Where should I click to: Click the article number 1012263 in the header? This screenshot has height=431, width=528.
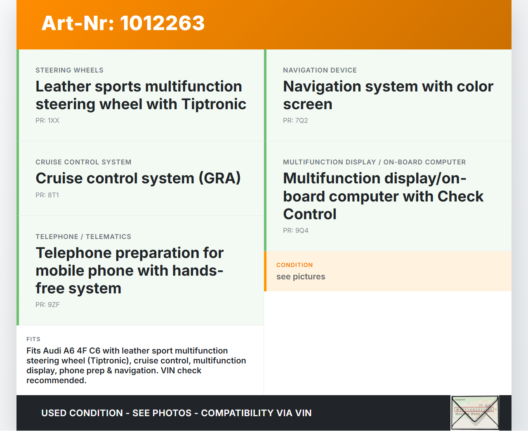pos(163,23)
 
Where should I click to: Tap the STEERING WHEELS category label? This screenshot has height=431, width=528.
pos(69,70)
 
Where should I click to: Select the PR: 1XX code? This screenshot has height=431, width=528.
pos(47,121)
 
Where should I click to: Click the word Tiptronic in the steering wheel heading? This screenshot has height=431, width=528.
pos(214,104)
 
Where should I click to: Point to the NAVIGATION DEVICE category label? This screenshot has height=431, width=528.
pos(320,70)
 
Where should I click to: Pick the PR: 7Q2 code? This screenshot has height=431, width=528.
pos(295,121)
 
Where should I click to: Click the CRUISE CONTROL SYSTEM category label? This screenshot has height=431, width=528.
pos(83,162)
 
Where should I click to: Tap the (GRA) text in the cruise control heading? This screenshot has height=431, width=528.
pos(219,178)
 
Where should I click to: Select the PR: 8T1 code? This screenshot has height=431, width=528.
pos(47,195)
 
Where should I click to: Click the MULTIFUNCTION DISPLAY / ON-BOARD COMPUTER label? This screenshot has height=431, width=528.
pos(374,162)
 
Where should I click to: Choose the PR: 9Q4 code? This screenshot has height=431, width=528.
pos(296,230)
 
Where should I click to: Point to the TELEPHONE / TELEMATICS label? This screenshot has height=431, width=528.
pos(83,237)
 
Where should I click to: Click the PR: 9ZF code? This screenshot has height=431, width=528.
pos(47,305)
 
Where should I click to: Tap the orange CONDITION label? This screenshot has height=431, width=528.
pos(295,265)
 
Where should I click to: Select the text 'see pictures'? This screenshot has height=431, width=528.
pos(301,276)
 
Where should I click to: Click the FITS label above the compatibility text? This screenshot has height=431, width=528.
pos(33,339)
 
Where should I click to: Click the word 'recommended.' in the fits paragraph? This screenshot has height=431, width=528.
pos(57,380)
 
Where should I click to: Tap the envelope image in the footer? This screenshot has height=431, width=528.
pos(475,412)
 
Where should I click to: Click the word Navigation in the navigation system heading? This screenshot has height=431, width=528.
pos(322,87)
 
